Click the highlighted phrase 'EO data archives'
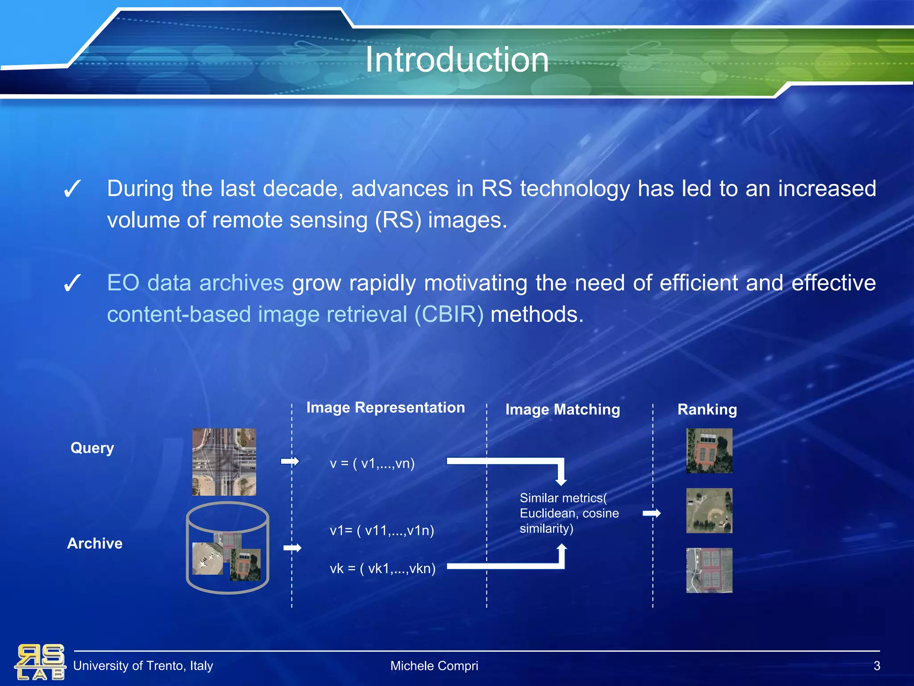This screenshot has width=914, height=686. [195, 283]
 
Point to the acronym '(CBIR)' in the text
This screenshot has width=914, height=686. [449, 314]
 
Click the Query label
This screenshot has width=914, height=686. [92, 448]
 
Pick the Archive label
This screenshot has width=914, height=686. [95, 543]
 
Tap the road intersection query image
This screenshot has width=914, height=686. [224, 462]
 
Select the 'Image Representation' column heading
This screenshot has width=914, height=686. [385, 407]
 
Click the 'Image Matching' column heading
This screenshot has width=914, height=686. [562, 410]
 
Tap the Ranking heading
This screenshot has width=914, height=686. [707, 410]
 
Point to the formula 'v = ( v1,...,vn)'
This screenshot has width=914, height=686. [372, 464]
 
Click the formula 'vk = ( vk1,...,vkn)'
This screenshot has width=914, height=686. [382, 569]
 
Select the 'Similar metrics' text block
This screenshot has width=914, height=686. [569, 513]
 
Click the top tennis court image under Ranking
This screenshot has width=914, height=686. [709, 451]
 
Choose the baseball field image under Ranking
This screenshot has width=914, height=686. [709, 510]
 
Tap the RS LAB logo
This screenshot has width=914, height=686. [40, 662]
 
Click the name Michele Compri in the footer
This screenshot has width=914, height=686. [434, 666]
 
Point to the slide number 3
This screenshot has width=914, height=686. [877, 666]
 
